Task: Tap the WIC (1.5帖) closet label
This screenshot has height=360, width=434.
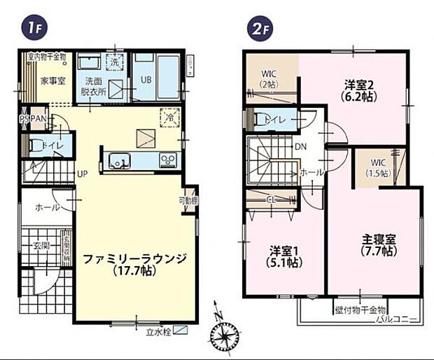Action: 379,168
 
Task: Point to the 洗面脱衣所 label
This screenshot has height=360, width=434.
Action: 92,85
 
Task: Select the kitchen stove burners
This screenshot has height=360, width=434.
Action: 169,160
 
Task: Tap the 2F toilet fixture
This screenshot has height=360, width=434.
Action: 260,120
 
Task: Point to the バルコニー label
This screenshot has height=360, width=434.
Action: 396,319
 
